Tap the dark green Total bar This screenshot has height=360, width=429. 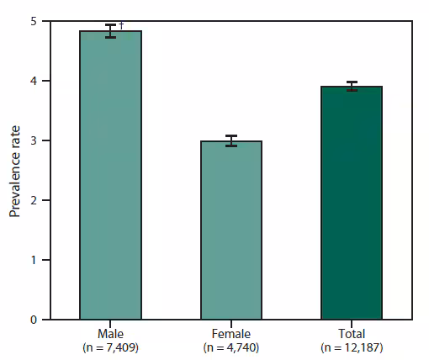(x=352, y=203)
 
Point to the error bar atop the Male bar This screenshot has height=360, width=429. (x=110, y=31)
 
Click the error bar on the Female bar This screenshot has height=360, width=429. (x=230, y=140)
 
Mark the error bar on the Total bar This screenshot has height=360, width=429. (x=352, y=86)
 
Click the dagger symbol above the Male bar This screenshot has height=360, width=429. (x=121, y=26)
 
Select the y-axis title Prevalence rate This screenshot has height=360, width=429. (x=15, y=171)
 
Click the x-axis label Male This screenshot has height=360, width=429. (x=110, y=334)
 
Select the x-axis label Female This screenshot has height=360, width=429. (x=230, y=334)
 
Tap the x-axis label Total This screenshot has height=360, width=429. (x=352, y=334)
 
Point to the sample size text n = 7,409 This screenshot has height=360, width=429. (x=110, y=347)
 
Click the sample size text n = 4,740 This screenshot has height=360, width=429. (x=230, y=347)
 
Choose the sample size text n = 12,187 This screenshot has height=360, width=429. (x=352, y=347)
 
